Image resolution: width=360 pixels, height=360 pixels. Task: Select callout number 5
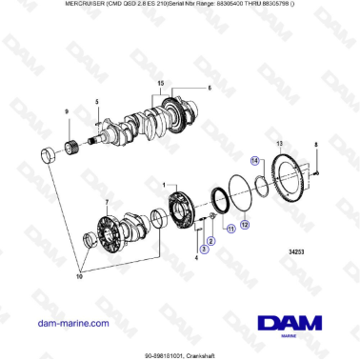(x=96, y=102)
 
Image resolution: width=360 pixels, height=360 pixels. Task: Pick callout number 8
(x=316, y=144)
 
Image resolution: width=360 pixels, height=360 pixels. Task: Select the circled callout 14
(x=254, y=162)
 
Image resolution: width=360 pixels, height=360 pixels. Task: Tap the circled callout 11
(x=229, y=230)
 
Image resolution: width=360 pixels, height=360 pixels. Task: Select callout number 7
(x=108, y=202)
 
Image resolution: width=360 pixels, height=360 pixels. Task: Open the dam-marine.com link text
(x=72, y=323)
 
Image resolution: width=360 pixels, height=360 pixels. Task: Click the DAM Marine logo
(x=286, y=324)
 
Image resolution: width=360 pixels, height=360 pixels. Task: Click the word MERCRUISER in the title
(x=39, y=6)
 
